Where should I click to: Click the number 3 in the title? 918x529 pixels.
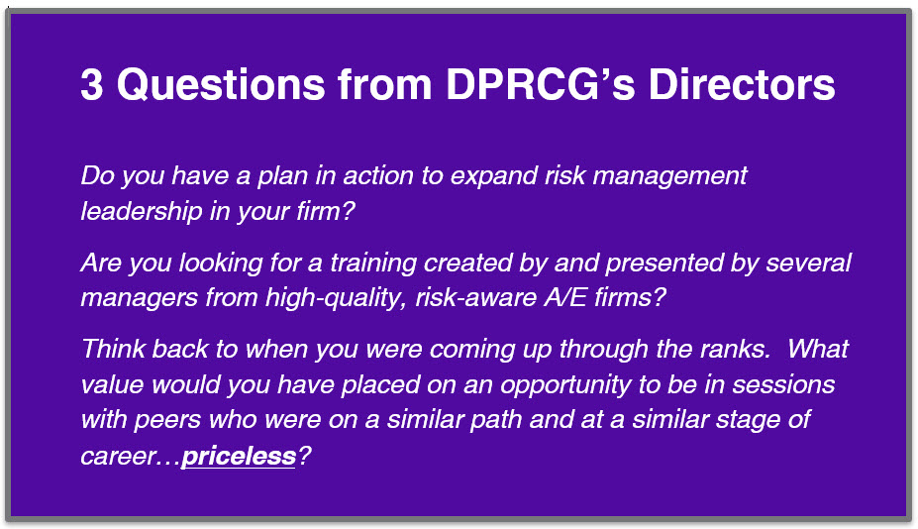pyautogui.click(x=92, y=85)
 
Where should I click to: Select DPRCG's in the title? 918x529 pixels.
pyautogui.click(x=541, y=85)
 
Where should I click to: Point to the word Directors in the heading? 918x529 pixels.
pyautogui.click(x=742, y=85)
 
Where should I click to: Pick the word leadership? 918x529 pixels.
pyautogui.click(x=141, y=211)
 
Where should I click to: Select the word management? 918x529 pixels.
pyautogui.click(x=669, y=176)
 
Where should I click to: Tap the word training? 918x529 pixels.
pyautogui.click(x=373, y=264)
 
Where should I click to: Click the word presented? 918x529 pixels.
pyautogui.click(x=664, y=264)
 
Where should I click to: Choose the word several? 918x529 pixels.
pyautogui.click(x=808, y=263)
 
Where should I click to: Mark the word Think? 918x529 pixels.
pyautogui.click(x=113, y=349)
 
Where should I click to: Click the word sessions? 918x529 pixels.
pyautogui.click(x=783, y=385)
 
